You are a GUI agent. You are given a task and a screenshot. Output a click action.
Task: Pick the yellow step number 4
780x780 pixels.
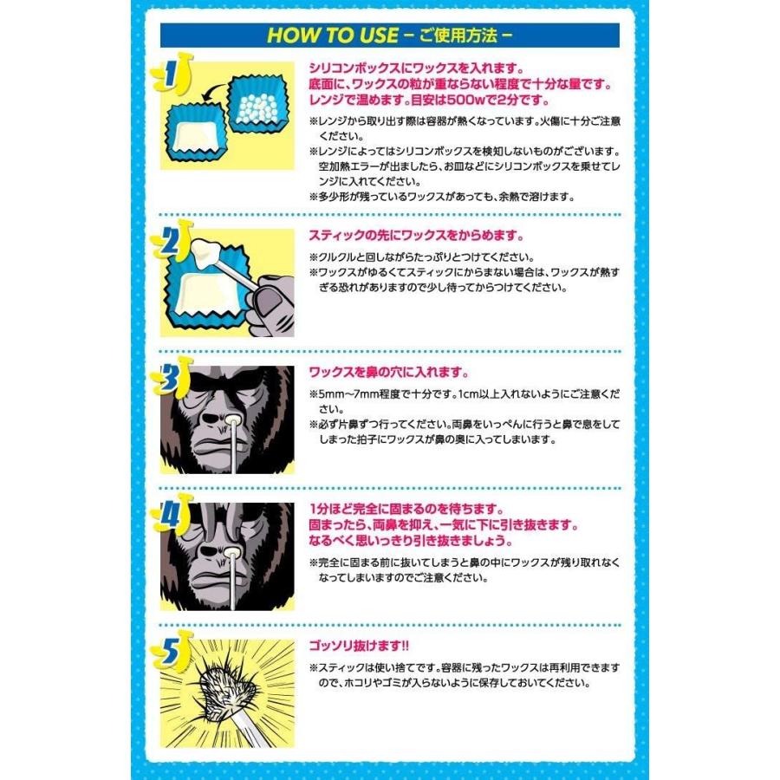pyautogui.click(x=171, y=517)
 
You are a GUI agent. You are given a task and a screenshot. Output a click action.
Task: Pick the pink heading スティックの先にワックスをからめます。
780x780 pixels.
pyautogui.click(x=417, y=236)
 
